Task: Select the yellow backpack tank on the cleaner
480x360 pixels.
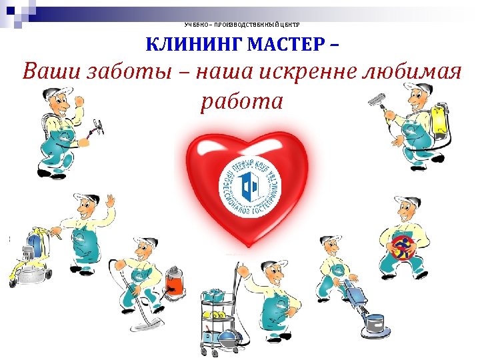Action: point(439,123)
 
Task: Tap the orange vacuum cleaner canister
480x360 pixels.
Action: point(175,280)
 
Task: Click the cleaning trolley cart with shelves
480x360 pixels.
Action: point(219,313)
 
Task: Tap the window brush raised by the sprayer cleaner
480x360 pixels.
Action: point(377,99)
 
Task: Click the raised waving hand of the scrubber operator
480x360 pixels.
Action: point(109,200)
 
